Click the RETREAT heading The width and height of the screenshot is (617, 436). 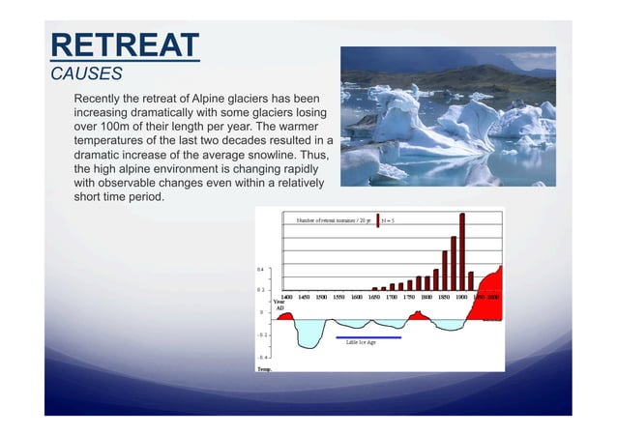pyautogui.click(x=124, y=44)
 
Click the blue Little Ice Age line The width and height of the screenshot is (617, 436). pyautogui.click(x=368, y=338)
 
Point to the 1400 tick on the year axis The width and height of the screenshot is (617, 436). pyautogui.click(x=287, y=297)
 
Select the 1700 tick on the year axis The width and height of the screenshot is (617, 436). pyautogui.click(x=392, y=297)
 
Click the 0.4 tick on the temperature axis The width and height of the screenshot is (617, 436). pyautogui.click(x=260, y=269)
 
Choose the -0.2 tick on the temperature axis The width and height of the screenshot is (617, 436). pyautogui.click(x=260, y=334)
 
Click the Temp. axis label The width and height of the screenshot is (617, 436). pyautogui.click(x=264, y=368)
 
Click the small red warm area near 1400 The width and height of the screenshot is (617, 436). pyautogui.click(x=285, y=315)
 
